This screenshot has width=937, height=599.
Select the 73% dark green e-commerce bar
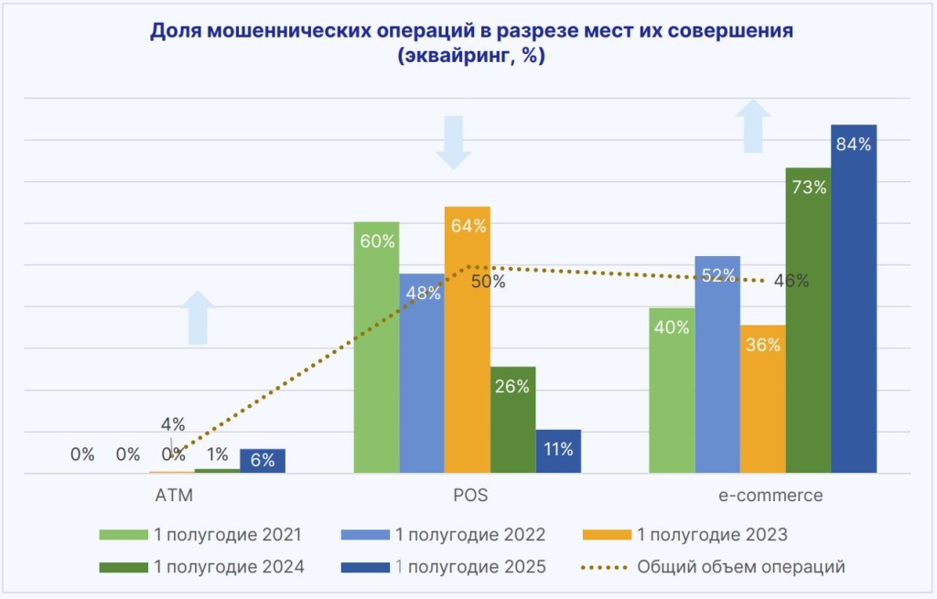point(808,320)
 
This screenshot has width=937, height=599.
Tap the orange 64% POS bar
point(468,339)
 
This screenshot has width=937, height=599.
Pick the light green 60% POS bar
point(376,348)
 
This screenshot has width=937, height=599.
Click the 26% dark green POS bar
point(512,420)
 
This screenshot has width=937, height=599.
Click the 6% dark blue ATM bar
point(263,461)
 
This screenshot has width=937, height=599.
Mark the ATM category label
point(173,496)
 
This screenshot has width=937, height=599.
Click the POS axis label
point(470,496)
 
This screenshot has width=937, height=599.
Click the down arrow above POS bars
point(454,142)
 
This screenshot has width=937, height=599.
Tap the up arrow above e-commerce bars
point(755,126)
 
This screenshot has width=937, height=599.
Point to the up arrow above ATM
point(200,317)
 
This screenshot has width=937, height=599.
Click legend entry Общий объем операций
point(740,567)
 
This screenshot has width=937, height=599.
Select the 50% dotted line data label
point(488,282)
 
